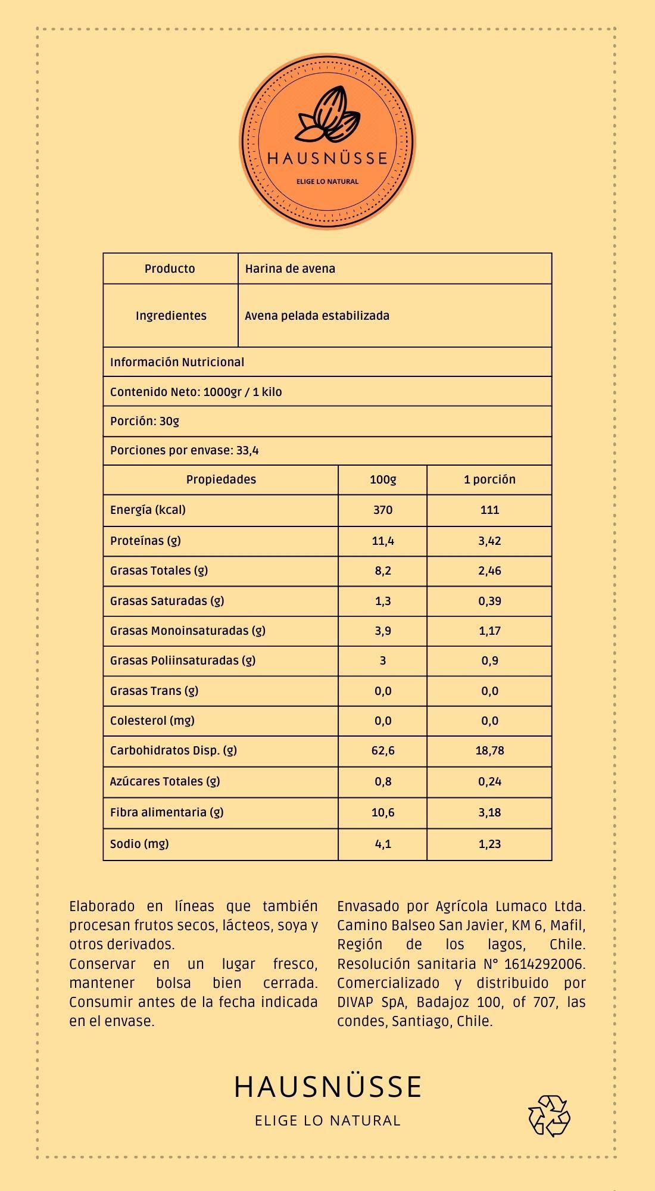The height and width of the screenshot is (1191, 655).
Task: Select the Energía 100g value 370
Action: point(383,510)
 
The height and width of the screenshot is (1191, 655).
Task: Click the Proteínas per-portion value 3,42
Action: point(489,541)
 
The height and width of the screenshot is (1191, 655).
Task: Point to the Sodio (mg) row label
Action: point(139,843)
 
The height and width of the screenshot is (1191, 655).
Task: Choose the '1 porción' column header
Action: point(489,479)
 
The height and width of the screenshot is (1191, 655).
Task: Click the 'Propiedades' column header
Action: point(221,479)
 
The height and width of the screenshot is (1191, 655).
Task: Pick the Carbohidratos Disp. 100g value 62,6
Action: point(383,750)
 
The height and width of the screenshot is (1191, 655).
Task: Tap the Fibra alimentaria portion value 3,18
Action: point(489,812)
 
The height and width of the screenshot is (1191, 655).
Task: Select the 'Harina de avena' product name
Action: point(290,269)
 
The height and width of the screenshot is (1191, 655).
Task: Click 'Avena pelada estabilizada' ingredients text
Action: point(317,316)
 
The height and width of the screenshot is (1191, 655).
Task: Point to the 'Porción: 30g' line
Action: point(145,421)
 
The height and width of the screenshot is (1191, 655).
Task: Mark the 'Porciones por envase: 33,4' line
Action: point(185,450)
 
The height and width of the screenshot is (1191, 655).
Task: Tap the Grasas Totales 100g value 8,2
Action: point(383,570)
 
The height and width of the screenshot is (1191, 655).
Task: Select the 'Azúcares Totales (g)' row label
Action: point(165,781)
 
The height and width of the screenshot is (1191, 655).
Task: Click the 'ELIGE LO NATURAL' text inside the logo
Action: point(327,182)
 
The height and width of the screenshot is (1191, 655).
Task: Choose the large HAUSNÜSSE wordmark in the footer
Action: point(327,1087)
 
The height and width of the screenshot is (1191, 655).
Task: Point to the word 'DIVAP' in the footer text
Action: point(355,1002)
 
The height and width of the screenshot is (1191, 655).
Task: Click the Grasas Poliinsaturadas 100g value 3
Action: point(383,660)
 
